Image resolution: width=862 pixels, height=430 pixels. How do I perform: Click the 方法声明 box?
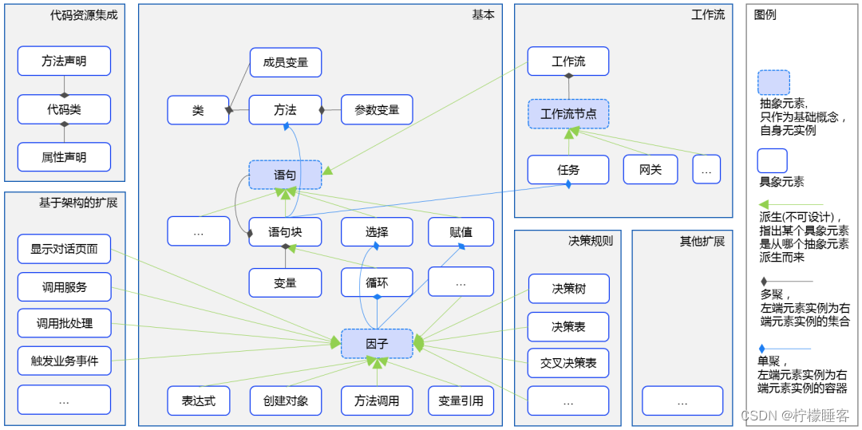[64, 61]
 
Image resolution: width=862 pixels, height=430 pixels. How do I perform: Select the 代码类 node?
[64, 109]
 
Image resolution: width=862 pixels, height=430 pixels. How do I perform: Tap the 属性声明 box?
[64, 157]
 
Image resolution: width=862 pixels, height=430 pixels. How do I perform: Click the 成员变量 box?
[285, 62]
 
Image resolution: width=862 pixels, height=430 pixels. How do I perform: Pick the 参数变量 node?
[377, 110]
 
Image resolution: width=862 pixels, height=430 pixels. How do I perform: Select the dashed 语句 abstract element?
[285, 175]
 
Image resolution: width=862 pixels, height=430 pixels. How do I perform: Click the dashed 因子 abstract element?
[377, 344]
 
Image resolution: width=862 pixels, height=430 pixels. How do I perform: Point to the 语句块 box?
[285, 232]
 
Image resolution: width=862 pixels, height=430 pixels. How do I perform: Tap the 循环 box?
[377, 282]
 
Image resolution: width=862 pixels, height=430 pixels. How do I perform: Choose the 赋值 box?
[461, 232]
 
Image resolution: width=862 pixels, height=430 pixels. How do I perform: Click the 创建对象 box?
[285, 400]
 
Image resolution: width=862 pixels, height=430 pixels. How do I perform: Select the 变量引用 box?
[461, 400]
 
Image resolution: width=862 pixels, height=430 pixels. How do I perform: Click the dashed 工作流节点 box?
[568, 114]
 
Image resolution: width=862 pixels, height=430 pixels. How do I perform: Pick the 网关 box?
[650, 169]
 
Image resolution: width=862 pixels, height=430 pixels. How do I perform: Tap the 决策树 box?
[568, 289]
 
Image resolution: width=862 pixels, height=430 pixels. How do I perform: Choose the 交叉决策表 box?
[568, 363]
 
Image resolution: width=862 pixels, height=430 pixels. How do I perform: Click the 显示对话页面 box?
[64, 249]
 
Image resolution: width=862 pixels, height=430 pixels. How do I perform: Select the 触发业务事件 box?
[64, 361]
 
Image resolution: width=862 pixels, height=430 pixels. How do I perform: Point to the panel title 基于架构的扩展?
[78, 203]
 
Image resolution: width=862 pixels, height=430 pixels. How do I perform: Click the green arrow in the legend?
[785, 205]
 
